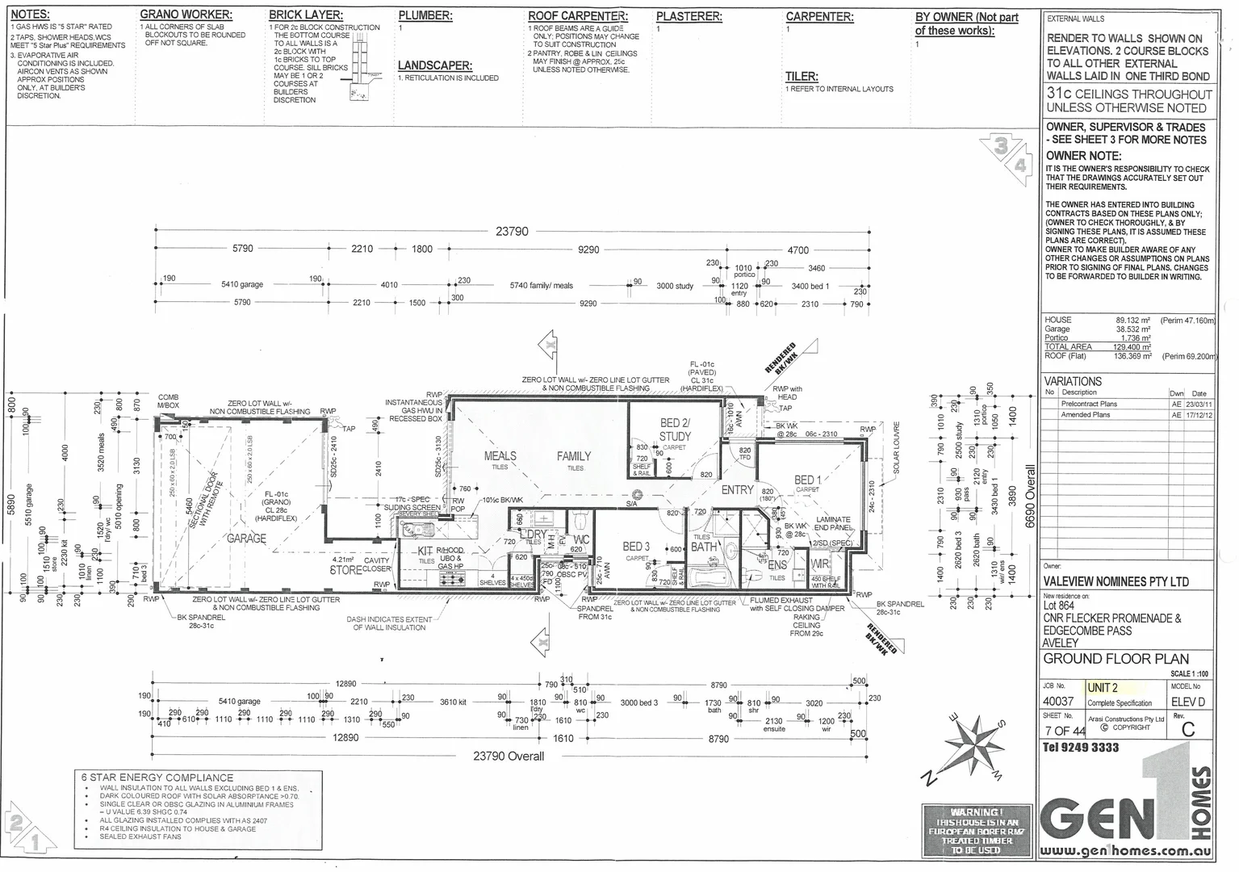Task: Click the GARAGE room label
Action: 246,538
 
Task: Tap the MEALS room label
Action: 500,456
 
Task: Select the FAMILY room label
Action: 574,456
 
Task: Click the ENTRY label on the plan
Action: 737,490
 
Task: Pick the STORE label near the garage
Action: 346,569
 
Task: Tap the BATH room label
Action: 703,547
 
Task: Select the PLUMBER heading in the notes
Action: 425,15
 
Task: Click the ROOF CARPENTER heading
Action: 577,15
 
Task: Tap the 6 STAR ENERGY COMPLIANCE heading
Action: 157,777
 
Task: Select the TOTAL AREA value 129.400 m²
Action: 1133,346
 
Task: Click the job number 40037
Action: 1060,702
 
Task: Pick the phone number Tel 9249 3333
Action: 1081,748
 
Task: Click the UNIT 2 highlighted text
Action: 1103,688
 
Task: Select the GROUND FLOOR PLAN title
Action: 1103,658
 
